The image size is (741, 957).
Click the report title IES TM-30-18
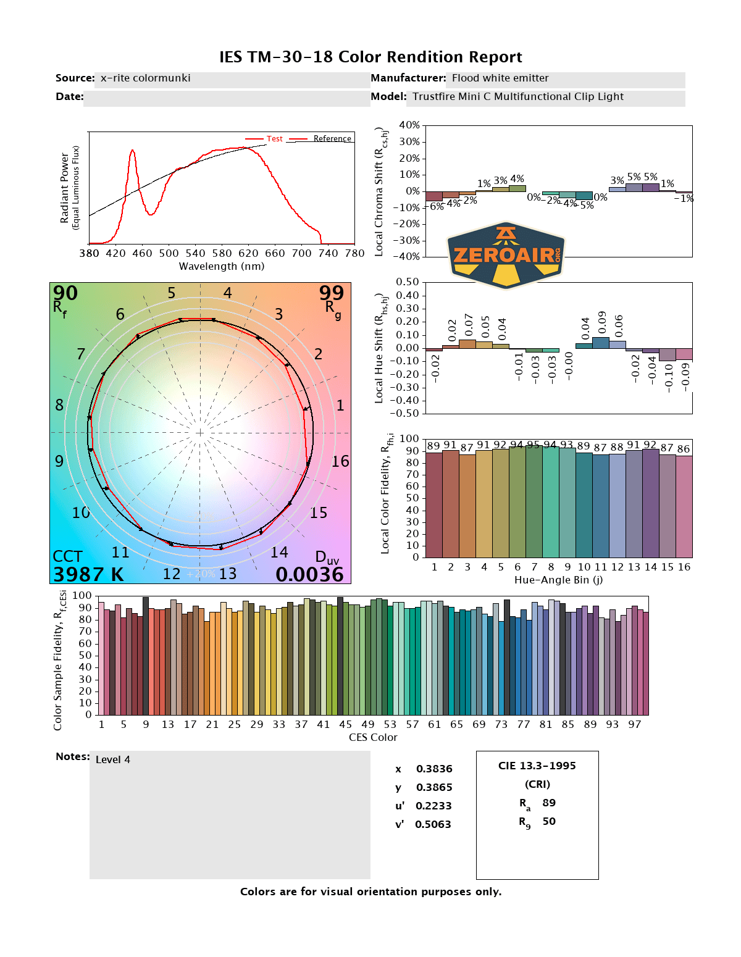pyautogui.click(x=371, y=57)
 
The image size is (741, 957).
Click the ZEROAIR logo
pyautogui.click(x=506, y=255)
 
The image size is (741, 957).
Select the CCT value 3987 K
pyautogui.click(x=88, y=575)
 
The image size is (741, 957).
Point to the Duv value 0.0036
pyautogui.click(x=309, y=575)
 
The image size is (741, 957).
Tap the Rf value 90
pyautogui.click(x=65, y=293)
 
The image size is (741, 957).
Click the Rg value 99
pyautogui.click(x=331, y=293)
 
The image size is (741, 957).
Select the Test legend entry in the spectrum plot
pyautogui.click(x=274, y=139)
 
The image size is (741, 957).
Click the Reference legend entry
pyautogui.click(x=332, y=139)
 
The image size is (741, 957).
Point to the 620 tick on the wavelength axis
pyautogui.click(x=248, y=253)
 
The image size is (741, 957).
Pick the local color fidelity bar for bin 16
pyautogui.click(x=684, y=506)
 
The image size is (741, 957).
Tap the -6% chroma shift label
pyautogui.click(x=437, y=206)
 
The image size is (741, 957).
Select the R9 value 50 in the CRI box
pyautogui.click(x=549, y=821)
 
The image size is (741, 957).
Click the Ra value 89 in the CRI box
pyautogui.click(x=549, y=803)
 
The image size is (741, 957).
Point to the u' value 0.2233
pyautogui.click(x=433, y=806)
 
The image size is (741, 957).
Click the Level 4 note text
pyautogui.click(x=113, y=759)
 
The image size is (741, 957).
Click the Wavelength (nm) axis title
pyautogui.click(x=222, y=266)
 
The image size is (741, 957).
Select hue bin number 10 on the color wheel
pyautogui.click(x=81, y=512)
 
